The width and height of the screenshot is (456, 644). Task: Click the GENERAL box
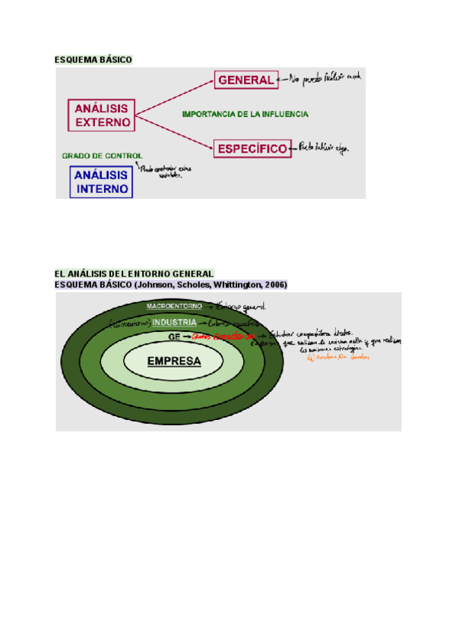pos(245,80)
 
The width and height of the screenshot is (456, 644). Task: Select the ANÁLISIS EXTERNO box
pos(102,115)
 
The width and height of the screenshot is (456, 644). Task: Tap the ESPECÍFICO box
pos(252,149)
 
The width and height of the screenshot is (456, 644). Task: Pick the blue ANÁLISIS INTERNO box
pos(101,182)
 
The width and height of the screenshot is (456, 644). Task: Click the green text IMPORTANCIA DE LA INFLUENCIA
pos(245,114)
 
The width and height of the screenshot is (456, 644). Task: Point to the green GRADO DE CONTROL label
pos(102,156)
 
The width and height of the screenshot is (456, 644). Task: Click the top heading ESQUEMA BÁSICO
pos(93,59)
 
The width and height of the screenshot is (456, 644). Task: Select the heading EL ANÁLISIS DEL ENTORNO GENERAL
pos(135,273)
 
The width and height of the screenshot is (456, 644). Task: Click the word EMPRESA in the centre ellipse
pos(174,361)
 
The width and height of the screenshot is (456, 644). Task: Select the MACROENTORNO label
pos(174,305)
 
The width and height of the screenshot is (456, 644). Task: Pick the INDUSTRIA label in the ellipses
pos(174,322)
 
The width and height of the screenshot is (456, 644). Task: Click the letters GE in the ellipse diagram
pos(174,335)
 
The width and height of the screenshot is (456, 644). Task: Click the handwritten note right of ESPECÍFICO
pos(327,147)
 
